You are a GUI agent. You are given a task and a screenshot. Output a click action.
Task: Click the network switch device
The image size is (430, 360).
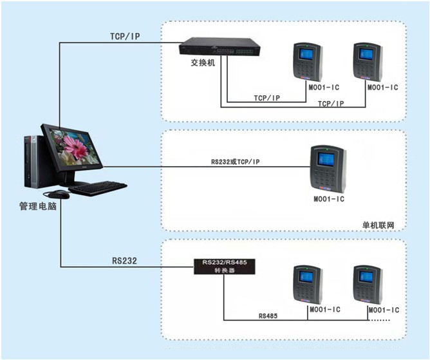220,46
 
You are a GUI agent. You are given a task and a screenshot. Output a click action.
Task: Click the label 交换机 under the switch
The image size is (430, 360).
203,63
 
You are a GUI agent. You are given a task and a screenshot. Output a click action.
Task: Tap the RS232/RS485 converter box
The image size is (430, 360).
225,267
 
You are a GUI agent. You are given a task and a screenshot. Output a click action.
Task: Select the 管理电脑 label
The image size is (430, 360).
38,206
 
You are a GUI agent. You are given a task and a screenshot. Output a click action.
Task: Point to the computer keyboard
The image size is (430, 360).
98,188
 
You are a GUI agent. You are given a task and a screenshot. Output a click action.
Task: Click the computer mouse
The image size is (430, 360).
59,194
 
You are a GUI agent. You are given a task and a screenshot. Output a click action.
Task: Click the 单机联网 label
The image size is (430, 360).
378,225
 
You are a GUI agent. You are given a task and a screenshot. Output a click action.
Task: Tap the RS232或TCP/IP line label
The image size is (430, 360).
236,162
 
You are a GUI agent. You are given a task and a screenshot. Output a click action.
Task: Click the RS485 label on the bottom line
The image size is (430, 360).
268,316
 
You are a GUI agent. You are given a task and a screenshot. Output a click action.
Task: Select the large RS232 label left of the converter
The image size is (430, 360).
124,261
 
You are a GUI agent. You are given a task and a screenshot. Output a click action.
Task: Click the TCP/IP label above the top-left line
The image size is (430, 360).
125,36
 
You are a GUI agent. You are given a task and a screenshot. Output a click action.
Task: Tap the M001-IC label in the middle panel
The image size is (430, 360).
329,199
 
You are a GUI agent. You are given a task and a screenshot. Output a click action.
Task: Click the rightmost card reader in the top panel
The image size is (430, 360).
368,62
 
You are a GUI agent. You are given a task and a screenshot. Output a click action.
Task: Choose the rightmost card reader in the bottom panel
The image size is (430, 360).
368,285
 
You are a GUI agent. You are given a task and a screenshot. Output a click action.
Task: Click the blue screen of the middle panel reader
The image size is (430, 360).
326,160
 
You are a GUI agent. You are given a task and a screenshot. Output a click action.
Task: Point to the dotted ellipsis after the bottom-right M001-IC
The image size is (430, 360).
380,320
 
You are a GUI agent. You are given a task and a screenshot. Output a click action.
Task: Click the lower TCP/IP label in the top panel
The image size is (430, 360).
331,104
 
